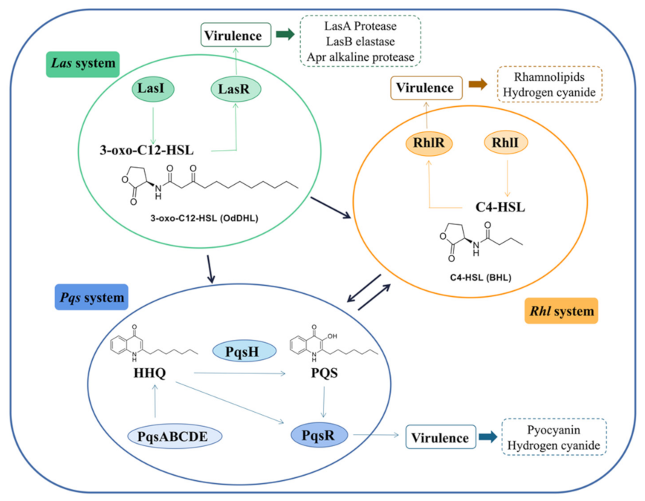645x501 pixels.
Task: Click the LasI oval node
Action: pyautogui.click(x=152, y=90)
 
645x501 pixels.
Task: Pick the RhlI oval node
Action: pyautogui.click(x=505, y=142)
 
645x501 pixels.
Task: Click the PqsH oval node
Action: pyautogui.click(x=244, y=350)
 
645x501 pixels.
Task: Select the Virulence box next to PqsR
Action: pyautogui.click(x=440, y=438)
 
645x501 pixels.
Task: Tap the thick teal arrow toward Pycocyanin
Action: pyautogui.click(x=488, y=438)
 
